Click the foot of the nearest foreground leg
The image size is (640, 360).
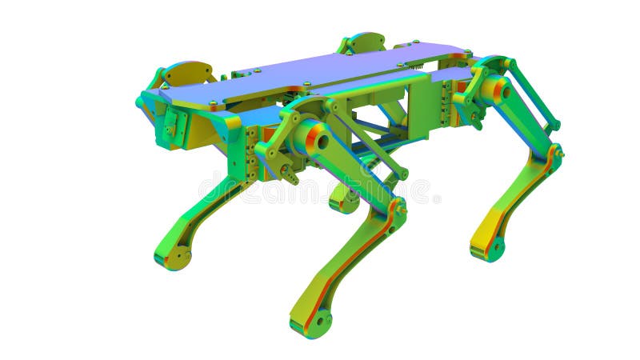316,322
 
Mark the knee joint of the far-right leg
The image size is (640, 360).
554,153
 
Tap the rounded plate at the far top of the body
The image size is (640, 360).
364,42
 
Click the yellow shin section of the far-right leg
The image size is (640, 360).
488,227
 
